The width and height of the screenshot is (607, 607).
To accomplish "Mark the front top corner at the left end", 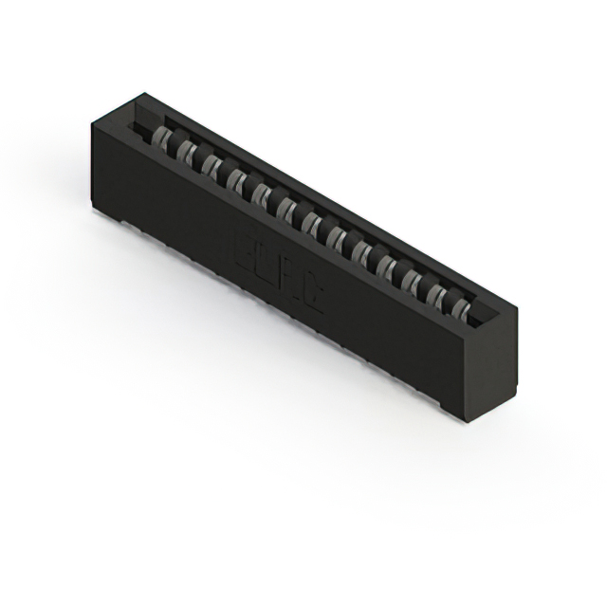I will coord(92,121).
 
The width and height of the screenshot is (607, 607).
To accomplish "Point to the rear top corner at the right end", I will coord(517,303).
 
